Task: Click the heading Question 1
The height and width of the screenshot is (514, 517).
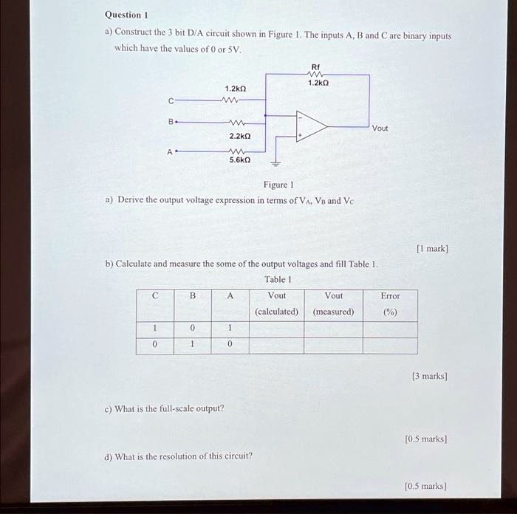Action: tap(127, 14)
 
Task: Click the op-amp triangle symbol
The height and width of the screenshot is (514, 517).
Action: tap(310, 126)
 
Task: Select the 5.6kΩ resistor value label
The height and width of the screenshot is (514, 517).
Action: tap(240, 160)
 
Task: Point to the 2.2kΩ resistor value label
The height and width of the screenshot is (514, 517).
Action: tap(240, 137)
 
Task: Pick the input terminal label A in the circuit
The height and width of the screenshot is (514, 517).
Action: tap(170, 151)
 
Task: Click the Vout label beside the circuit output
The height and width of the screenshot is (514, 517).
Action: tap(380, 128)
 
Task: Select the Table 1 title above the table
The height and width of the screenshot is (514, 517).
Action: tap(278, 279)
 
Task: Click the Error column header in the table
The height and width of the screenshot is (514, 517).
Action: tap(390, 295)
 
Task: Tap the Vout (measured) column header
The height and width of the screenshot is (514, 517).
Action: tap(333, 304)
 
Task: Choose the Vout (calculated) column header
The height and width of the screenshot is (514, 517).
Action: tap(277, 304)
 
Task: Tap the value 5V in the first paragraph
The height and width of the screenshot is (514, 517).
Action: tap(233, 49)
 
